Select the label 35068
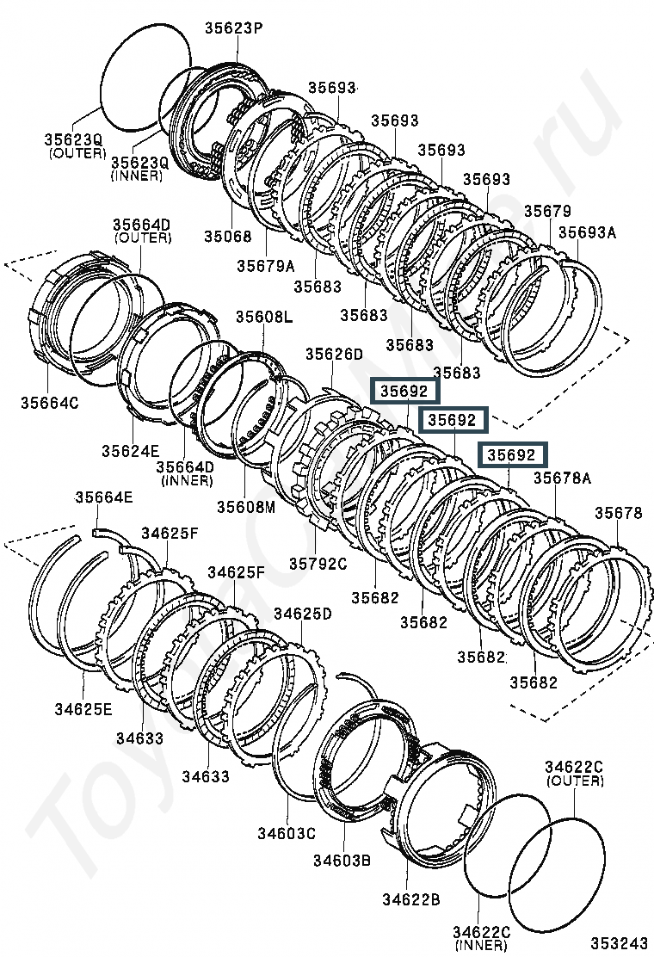click(228, 236)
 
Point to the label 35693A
click(587, 232)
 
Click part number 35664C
click(49, 403)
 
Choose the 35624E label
click(130, 449)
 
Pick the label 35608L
click(263, 318)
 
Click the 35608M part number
click(245, 506)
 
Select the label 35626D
click(334, 355)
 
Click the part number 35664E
click(103, 497)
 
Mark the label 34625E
click(83, 709)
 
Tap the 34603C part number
click(286, 832)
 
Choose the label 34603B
click(341, 860)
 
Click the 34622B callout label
click(411, 899)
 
